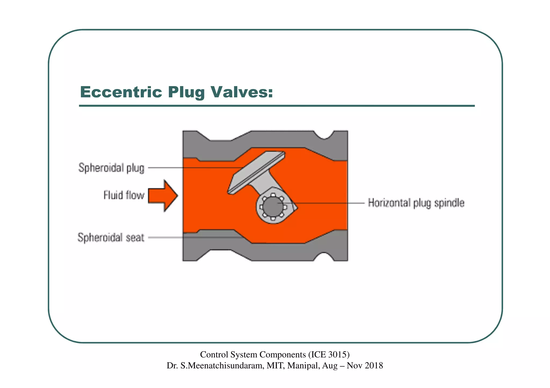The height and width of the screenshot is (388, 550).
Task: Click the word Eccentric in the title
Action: [121, 92]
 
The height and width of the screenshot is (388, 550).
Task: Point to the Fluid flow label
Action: [124, 195]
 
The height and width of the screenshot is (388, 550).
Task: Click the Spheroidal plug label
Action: [111, 168]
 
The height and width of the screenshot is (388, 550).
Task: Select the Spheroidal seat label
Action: [111, 238]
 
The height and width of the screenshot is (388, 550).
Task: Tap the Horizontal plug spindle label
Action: [416, 203]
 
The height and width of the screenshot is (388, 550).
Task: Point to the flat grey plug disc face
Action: [255, 172]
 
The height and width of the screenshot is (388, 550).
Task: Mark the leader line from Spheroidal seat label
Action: [193, 237]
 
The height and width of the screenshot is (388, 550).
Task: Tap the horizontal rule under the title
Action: [277, 106]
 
